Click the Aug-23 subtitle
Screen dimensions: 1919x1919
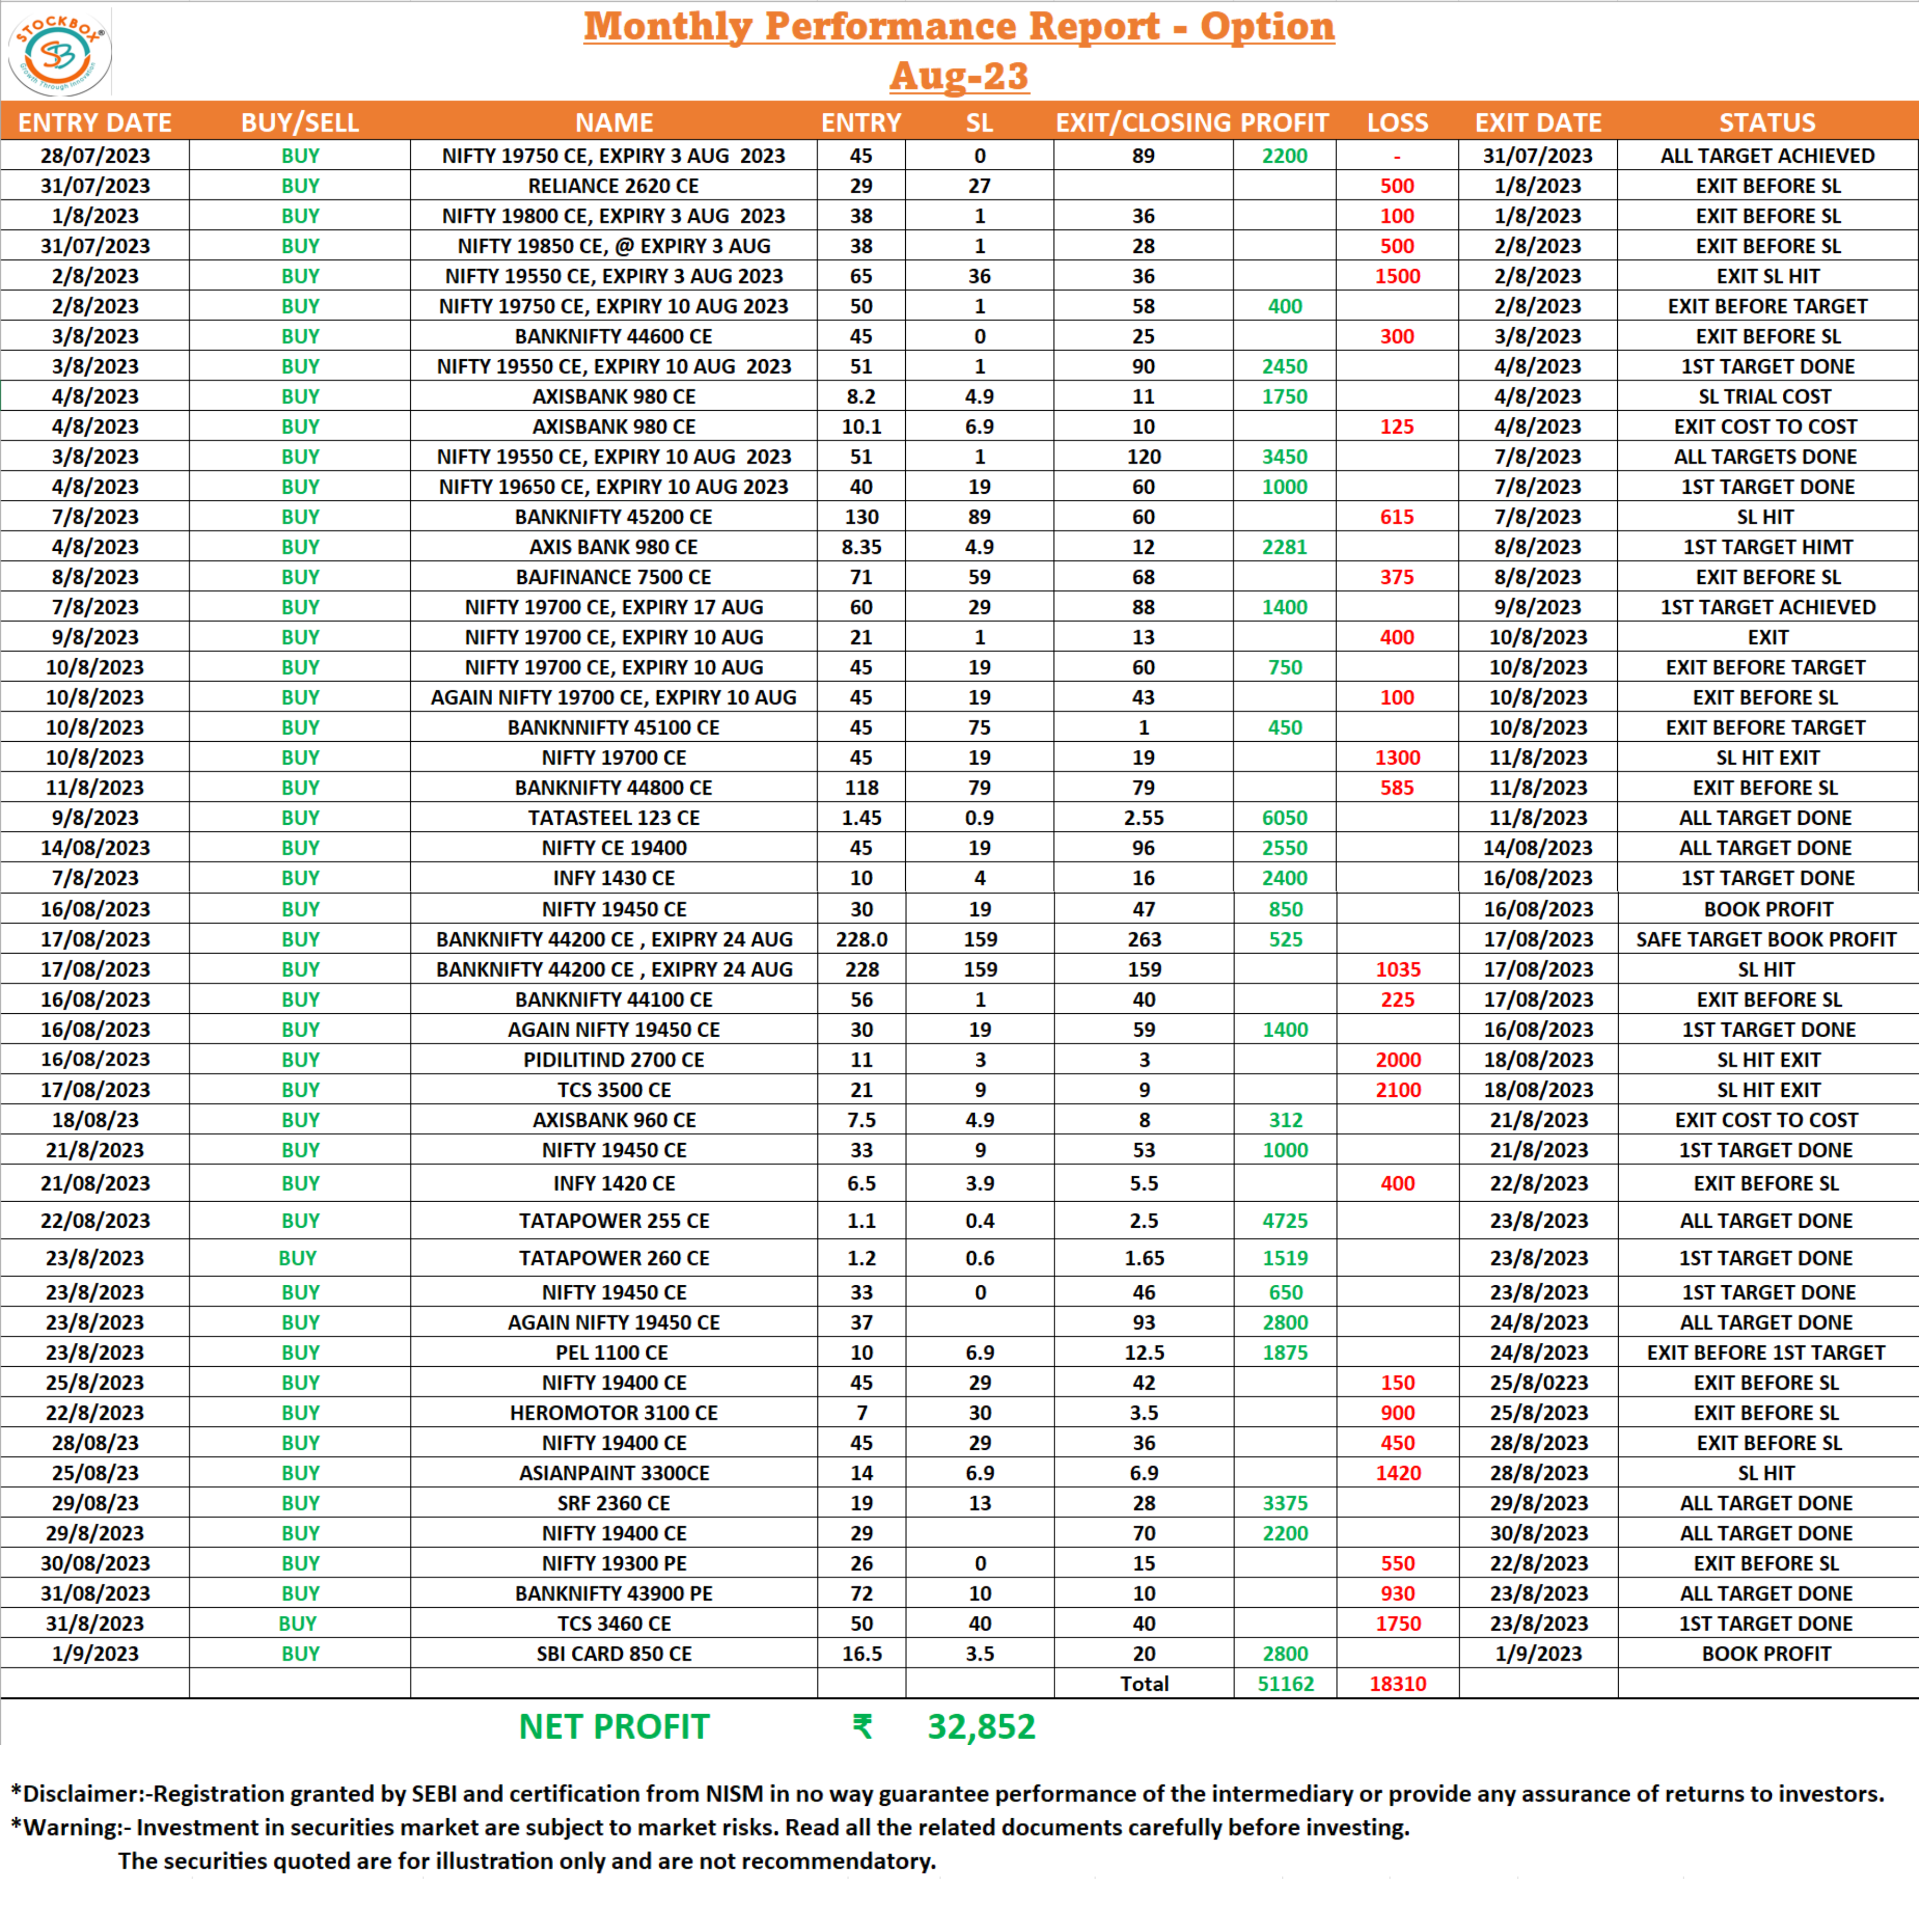point(959,75)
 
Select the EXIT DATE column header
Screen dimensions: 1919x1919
point(1538,122)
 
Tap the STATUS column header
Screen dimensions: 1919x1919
point(1767,122)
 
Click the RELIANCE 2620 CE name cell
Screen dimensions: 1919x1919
point(614,186)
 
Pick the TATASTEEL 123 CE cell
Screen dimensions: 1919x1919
point(614,817)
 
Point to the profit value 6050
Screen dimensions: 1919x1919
point(1284,817)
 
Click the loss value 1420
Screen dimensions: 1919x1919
point(1398,1473)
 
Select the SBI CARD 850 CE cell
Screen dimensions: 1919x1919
point(614,1654)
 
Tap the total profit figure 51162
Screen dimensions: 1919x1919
point(1285,1683)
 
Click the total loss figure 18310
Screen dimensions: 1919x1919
point(1398,1683)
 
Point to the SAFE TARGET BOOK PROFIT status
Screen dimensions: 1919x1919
point(1766,939)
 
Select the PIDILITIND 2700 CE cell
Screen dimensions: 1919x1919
point(614,1060)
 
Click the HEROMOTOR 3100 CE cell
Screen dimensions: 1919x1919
point(614,1412)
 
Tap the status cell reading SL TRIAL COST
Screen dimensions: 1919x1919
point(1764,396)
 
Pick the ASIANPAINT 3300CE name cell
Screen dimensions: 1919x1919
point(614,1473)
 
